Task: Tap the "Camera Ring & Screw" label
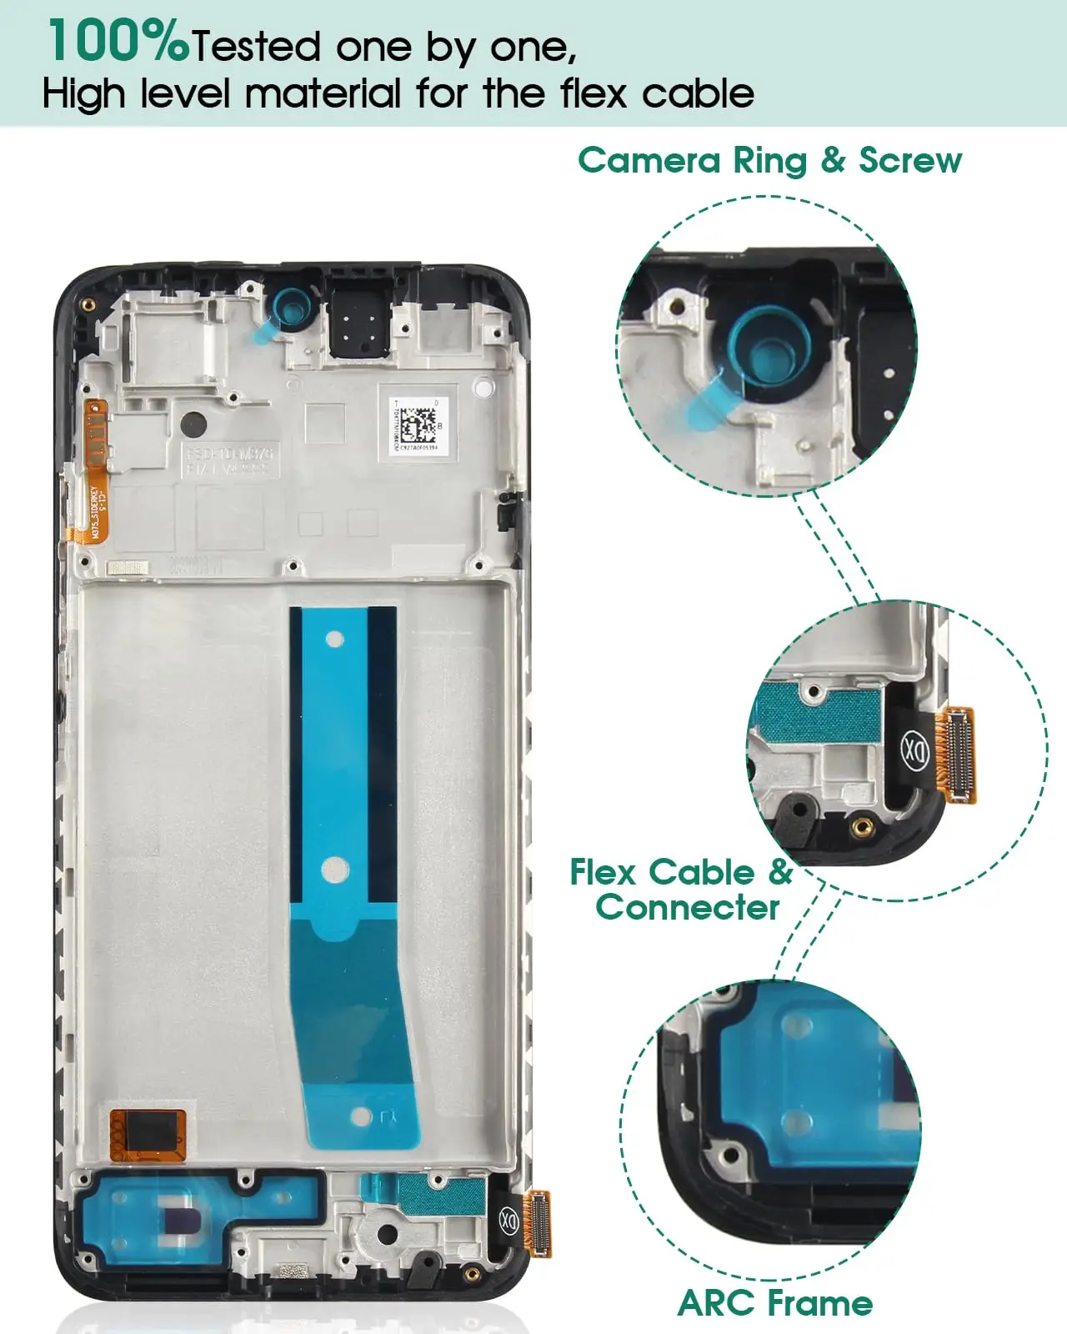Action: pos(769,160)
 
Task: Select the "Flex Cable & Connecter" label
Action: pos(682,890)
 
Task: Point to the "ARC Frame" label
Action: pos(775,1302)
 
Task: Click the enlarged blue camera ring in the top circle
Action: pos(765,348)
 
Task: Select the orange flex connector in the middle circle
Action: pos(957,753)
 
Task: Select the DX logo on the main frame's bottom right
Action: pos(508,1220)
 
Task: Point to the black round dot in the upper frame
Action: pos(194,423)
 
